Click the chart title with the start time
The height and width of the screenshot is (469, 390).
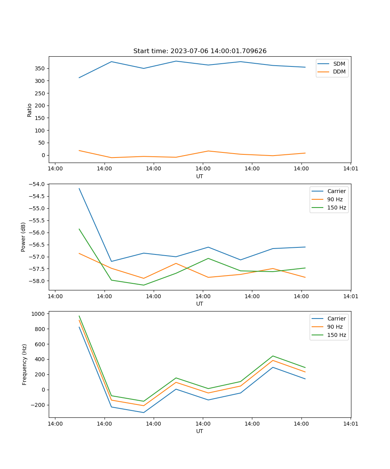point(200,51)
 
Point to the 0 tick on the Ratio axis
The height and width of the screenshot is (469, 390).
point(44,155)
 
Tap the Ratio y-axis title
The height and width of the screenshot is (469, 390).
point(30,110)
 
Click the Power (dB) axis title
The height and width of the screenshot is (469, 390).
point(23,237)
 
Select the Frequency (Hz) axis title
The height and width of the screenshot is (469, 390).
point(25,364)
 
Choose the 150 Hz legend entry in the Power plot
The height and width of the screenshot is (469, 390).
point(336,208)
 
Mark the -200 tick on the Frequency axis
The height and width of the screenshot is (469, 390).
point(39,405)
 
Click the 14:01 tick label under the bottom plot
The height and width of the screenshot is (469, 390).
point(350,423)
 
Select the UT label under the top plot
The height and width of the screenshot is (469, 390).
point(200,176)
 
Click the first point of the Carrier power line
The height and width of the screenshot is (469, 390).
point(79,188)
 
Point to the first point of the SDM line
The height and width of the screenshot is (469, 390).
point(79,77)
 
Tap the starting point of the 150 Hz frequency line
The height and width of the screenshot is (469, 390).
point(79,316)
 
